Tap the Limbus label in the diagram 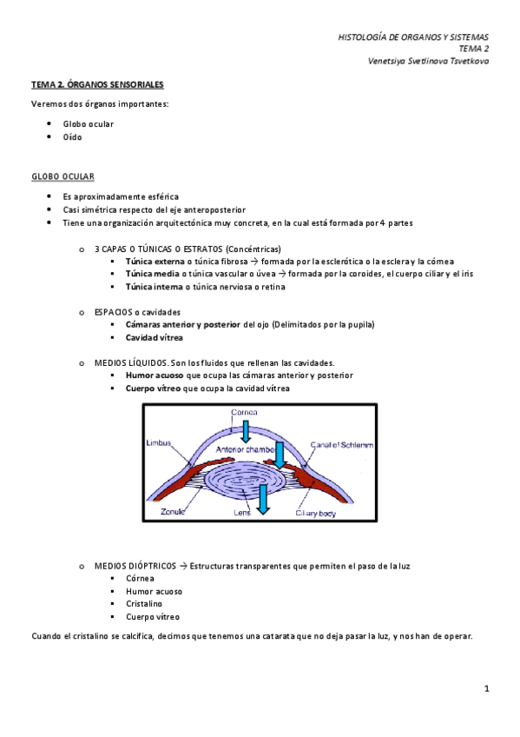click(x=159, y=442)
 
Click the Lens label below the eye click(x=242, y=512)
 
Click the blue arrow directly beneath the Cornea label click(x=246, y=430)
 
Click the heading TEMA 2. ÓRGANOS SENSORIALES click(x=97, y=85)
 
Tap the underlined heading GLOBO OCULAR click(x=63, y=176)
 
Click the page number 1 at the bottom click(x=487, y=688)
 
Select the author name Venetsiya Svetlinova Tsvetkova click(x=429, y=62)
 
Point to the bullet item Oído click(x=73, y=137)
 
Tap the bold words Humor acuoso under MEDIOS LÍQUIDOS click(x=155, y=375)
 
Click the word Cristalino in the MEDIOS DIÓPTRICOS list click(x=144, y=603)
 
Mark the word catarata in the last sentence click(x=299, y=636)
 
